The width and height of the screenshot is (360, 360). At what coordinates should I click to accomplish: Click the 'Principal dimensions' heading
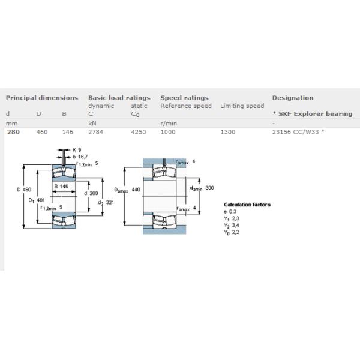point(42,98)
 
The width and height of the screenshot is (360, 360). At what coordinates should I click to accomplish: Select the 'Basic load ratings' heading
point(119,98)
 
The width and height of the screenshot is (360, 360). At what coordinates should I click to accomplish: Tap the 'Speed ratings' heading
point(184,98)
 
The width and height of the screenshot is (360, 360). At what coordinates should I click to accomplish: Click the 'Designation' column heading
point(293,98)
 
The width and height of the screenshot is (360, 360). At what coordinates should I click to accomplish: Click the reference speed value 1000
point(169,131)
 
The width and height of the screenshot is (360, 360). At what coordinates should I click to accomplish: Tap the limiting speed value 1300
point(229,131)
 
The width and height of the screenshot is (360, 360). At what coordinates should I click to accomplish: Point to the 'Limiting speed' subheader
point(242,106)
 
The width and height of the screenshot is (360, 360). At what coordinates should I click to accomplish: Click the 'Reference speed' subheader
point(186,106)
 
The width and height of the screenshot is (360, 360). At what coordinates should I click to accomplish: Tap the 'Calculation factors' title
point(247,205)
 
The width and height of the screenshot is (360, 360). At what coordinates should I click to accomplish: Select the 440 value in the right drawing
point(136,190)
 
